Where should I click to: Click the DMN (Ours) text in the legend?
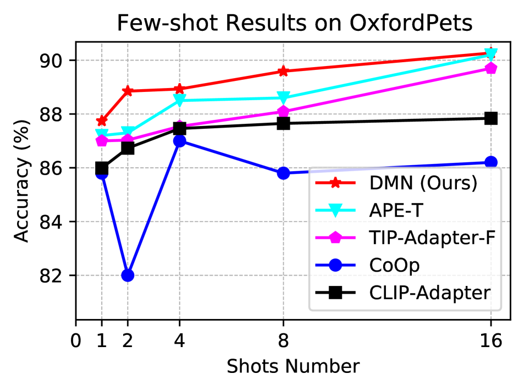coord(423,183)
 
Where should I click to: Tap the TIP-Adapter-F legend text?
coord(432,238)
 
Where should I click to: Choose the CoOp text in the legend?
coord(394,265)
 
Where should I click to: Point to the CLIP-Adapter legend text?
coord(429,293)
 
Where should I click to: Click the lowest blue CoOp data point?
coord(128,274)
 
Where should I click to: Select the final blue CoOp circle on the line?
coord(491,162)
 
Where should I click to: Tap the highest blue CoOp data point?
coord(179,141)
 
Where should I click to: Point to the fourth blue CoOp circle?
coord(283,173)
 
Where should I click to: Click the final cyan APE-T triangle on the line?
coord(491,54)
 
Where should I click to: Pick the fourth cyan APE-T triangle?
coord(283,98)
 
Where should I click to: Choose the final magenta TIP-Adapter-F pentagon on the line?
coord(491,68)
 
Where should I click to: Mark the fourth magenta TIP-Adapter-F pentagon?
coord(283,111)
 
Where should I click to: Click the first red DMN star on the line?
coord(102,121)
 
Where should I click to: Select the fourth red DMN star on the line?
coord(283,71)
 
